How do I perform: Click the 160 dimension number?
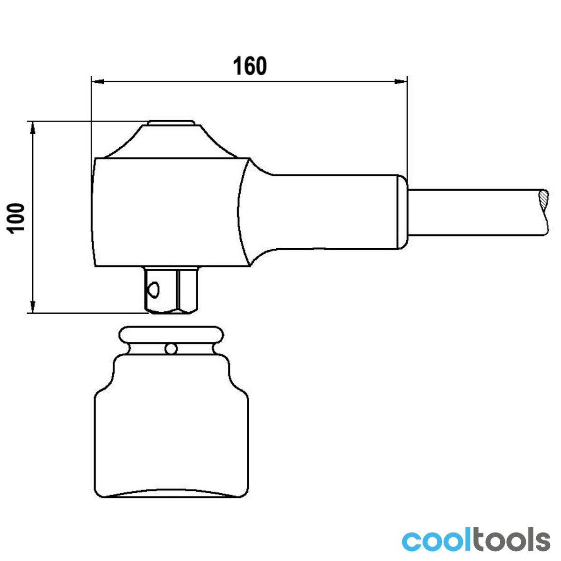click(250, 66)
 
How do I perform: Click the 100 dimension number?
click(15, 218)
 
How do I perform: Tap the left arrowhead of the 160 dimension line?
click(98, 81)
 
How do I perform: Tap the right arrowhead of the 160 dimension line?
click(401, 81)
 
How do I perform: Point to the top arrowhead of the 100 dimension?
click(33, 128)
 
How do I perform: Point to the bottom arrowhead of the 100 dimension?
click(33, 307)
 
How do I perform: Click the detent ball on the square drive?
click(153, 290)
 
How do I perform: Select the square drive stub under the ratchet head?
click(172, 290)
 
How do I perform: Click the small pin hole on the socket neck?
click(171, 348)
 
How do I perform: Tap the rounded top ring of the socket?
click(172, 335)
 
